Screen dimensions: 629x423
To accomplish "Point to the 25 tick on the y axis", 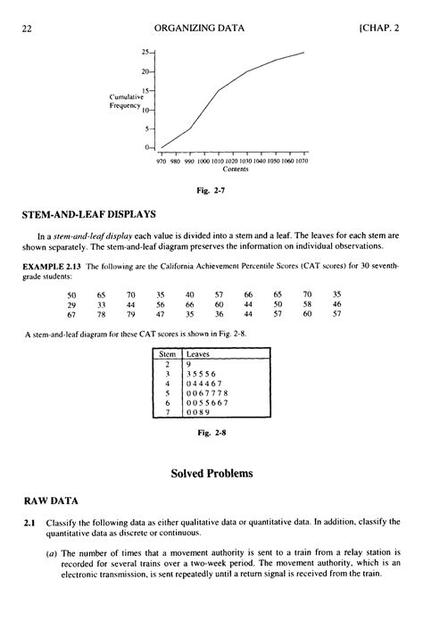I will [145, 53].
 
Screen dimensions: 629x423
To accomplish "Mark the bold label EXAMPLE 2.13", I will [51, 268].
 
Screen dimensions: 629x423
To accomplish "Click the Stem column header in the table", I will [164, 355].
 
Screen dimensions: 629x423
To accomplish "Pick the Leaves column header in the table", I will [197, 355].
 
